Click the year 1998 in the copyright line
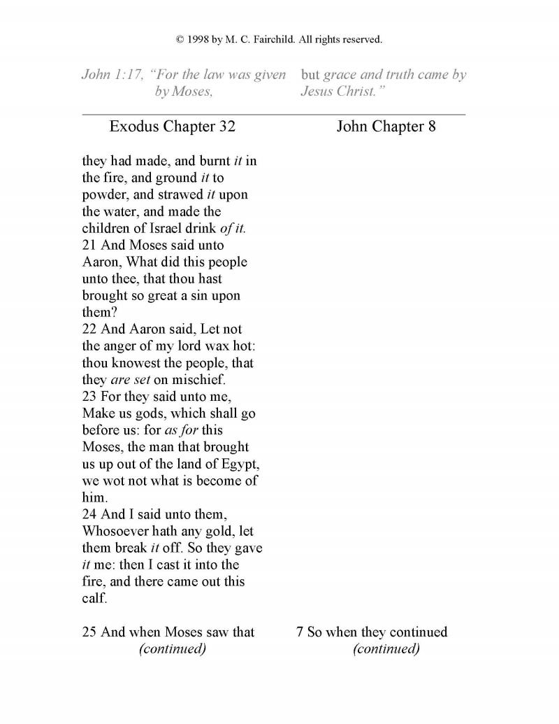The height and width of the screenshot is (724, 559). pos(199,40)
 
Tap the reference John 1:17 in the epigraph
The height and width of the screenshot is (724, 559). pos(109,75)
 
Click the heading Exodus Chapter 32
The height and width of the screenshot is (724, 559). pos(173,127)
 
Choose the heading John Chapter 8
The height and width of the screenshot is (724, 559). pos(386,127)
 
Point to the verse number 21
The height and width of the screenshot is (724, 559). pos(90,246)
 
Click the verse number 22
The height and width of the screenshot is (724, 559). pos(90,329)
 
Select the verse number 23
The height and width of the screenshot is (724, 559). pos(90,397)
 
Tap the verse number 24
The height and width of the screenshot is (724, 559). pos(90,515)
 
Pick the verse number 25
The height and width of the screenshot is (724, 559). pos(90,632)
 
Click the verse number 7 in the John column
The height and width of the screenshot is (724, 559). pos(300,632)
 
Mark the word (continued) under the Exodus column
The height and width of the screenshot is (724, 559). pos(173,649)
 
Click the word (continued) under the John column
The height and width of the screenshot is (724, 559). pos(386,649)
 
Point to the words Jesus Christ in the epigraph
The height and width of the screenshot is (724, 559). pos(339,92)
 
